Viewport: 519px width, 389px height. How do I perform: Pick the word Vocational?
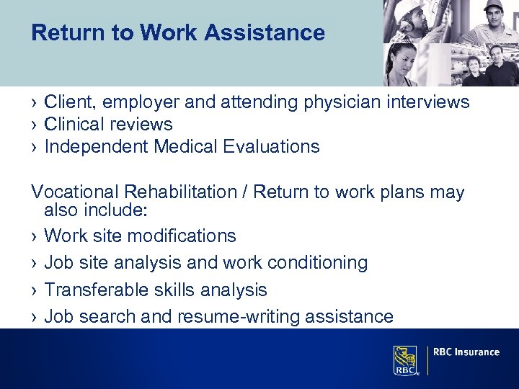(x=75, y=192)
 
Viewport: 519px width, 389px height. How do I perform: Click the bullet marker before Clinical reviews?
(x=35, y=125)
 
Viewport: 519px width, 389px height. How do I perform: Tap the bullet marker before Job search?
(x=35, y=317)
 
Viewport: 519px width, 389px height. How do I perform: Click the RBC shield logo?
(x=405, y=359)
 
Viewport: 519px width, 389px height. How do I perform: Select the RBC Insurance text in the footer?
(x=467, y=352)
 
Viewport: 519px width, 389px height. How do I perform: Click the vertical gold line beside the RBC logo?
(x=427, y=360)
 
